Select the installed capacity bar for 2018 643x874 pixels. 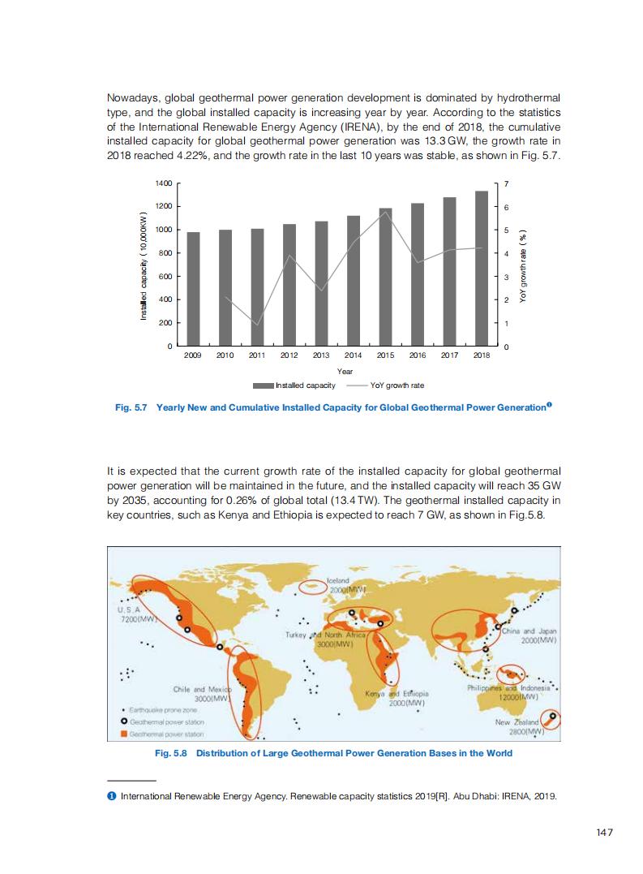tap(482, 269)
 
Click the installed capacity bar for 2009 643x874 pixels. tap(193, 289)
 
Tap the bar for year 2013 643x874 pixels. tap(321, 283)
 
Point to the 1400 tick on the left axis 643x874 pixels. tap(163, 184)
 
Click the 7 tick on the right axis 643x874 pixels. tap(507, 184)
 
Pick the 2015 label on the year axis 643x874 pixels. tap(385, 355)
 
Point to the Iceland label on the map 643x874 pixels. tap(337, 581)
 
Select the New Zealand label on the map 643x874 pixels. tap(517, 721)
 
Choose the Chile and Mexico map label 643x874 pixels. tap(202, 689)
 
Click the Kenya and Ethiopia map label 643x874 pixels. tap(397, 694)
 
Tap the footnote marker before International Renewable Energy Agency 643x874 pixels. tap(111, 796)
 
